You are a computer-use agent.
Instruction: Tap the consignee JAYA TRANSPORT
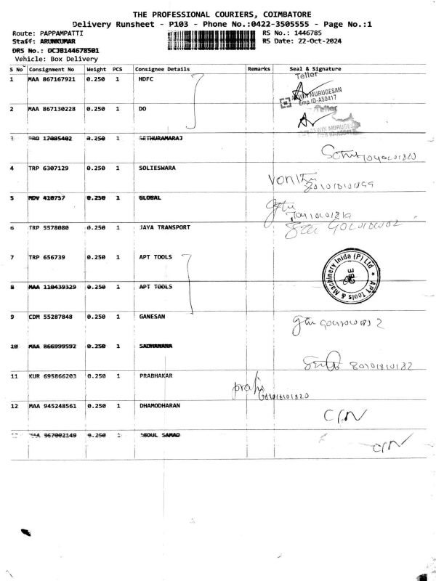coord(163,227)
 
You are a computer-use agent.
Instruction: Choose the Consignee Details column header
coord(162,68)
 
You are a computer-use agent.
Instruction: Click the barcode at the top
coord(211,40)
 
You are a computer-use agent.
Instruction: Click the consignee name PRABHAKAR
coord(156,377)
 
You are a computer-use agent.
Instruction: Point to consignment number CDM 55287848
coord(51,317)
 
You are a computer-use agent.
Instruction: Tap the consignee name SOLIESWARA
coord(158,168)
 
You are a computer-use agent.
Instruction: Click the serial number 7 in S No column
coord(12,258)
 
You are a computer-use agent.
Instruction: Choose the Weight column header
coord(96,68)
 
